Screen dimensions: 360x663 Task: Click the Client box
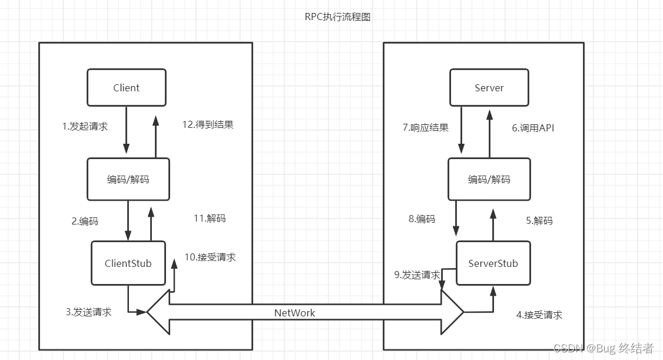(126, 88)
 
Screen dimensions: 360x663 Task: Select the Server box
(489, 88)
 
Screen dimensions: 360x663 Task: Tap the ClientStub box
(128, 263)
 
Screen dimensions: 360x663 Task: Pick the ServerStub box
(493, 263)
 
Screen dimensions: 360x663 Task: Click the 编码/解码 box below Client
(128, 179)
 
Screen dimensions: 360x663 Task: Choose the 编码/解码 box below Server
(489, 179)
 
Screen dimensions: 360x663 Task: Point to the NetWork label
(294, 313)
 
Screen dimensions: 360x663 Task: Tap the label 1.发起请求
(85, 126)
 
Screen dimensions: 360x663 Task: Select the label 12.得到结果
(208, 124)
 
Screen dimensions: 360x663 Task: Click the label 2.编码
(85, 222)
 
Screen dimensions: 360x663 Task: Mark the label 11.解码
(209, 218)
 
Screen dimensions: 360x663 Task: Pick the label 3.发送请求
(88, 312)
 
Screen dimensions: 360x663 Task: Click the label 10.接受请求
(210, 257)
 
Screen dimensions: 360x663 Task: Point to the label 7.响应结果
(426, 127)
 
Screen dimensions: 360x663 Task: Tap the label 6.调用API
(533, 127)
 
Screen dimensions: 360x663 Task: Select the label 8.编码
(422, 219)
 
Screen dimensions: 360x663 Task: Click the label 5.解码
(539, 220)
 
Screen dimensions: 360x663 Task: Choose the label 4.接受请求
(539, 315)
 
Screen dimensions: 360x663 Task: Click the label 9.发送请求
(417, 275)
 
